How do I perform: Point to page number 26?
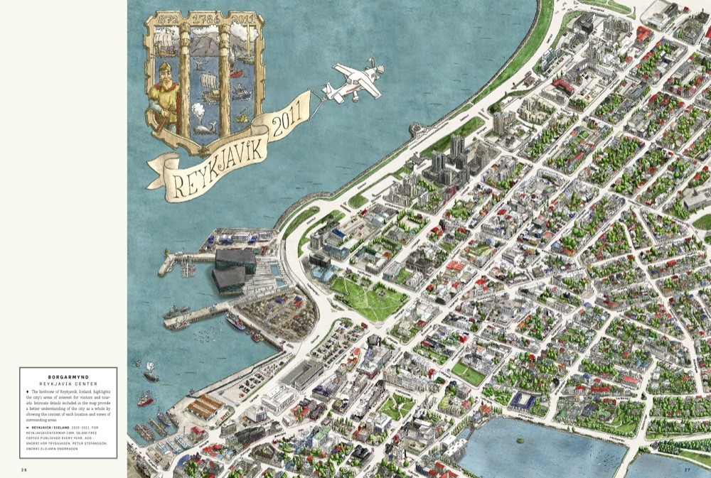click(23, 469)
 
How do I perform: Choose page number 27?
click(687, 469)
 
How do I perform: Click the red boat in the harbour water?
click(146, 400)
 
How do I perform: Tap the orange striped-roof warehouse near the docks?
click(205, 406)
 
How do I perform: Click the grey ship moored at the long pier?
click(176, 311)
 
